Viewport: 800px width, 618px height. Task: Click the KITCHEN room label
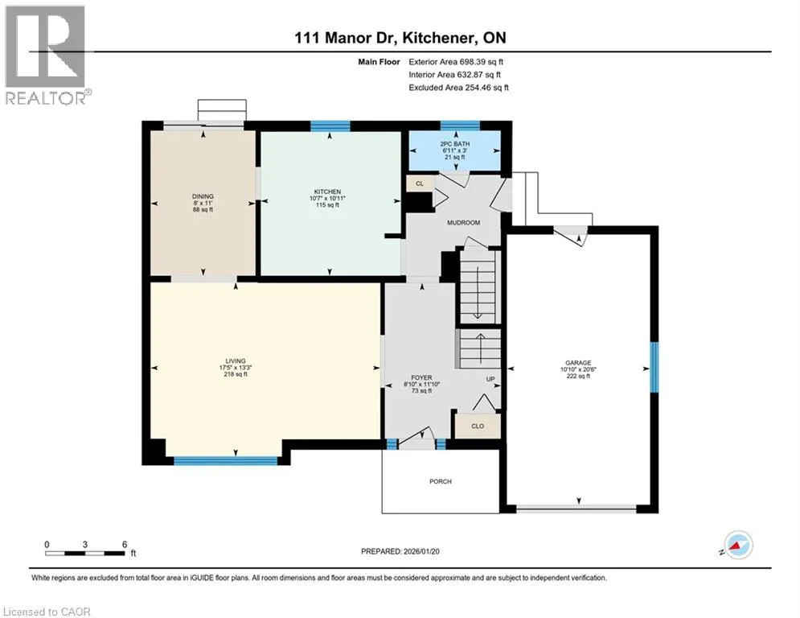pos(327,192)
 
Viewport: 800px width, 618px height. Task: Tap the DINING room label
pos(203,196)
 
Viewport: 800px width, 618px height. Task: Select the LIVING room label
pos(236,361)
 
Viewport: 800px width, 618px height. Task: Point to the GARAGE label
pos(578,363)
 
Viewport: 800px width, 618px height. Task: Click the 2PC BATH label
pos(454,145)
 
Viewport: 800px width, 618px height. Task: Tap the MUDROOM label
pos(463,223)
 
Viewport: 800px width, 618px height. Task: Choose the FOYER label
pos(421,378)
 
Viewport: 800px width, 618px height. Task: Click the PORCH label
pos(441,481)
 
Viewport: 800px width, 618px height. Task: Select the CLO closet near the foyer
pos(478,426)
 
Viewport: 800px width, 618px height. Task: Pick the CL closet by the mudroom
pos(420,183)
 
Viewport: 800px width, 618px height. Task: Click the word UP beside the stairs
pos(490,379)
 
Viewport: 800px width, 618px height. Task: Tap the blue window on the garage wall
pos(654,367)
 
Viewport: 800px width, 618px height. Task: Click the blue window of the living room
pos(225,461)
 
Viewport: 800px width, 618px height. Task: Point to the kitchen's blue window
pos(330,126)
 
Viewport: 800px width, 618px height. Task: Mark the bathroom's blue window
pos(460,126)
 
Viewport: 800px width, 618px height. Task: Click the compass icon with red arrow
pos(738,545)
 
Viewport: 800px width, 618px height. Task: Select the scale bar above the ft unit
pos(85,553)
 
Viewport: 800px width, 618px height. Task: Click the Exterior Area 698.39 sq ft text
pos(456,62)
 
